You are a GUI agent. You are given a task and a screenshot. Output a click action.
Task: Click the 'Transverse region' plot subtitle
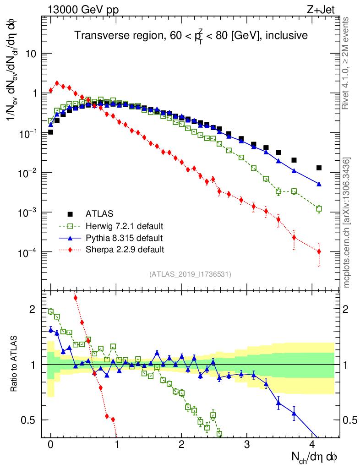[x=191, y=36]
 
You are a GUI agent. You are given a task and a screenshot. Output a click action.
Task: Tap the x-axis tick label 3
[x=247, y=444]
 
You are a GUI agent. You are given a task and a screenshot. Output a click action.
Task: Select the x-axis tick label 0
[x=51, y=444]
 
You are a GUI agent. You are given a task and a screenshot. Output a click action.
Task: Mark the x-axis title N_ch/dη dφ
[x=315, y=457]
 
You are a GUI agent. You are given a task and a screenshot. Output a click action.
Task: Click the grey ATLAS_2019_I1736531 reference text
[x=190, y=274]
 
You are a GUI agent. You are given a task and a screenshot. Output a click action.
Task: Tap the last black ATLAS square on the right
[x=319, y=168]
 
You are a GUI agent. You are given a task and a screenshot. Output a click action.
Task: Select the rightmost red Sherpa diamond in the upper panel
[x=319, y=251]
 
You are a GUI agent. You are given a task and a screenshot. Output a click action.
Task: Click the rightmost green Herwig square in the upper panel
[x=319, y=208]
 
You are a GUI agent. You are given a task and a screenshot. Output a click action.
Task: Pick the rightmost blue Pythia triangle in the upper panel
[x=319, y=184]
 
